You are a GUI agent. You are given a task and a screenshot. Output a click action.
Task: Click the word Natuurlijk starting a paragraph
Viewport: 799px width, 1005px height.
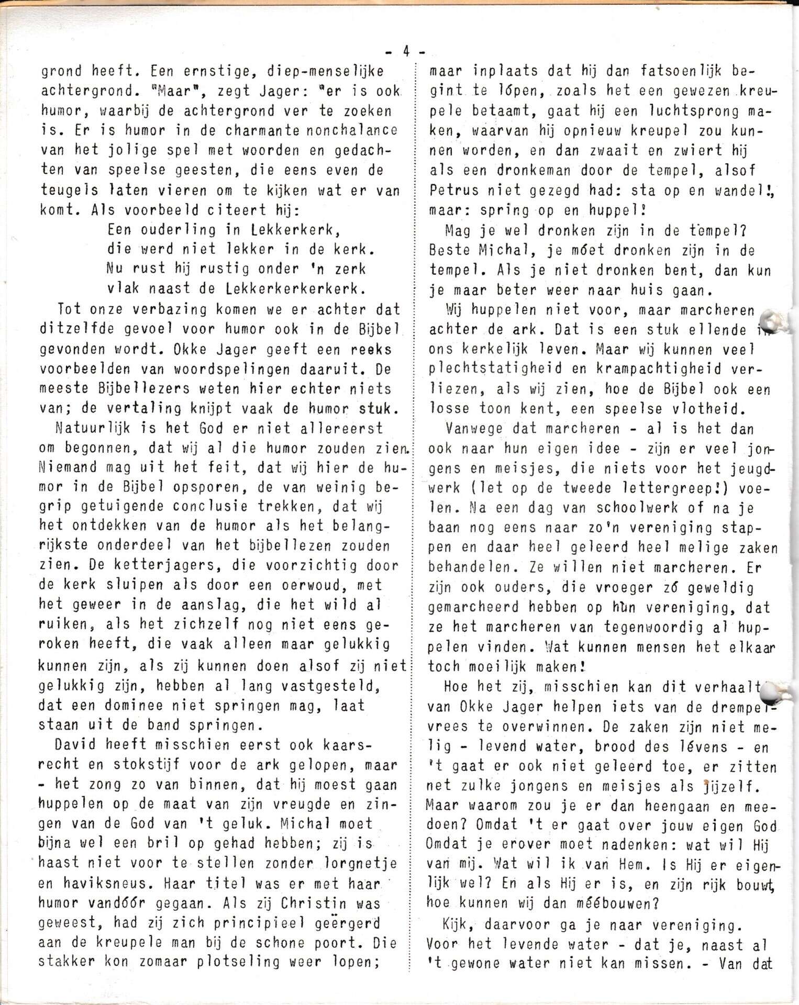[88, 428]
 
